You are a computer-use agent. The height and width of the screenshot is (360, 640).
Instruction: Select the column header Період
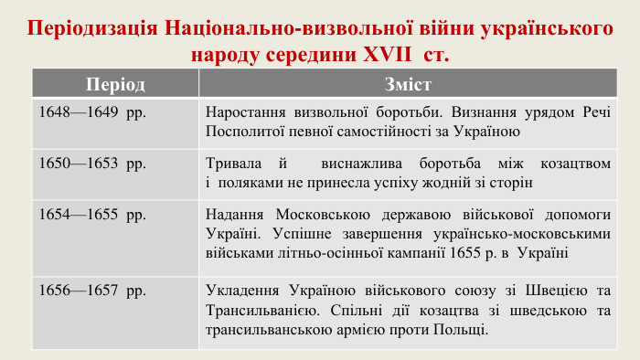pos(115,84)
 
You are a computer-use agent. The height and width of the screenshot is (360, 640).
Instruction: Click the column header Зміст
pos(409,84)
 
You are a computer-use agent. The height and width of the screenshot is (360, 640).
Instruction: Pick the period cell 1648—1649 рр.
pos(92,112)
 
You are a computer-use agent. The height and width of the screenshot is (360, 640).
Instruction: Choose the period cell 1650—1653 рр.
pos(92,164)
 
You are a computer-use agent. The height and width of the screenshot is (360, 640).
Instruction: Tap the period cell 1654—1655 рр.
pos(92,216)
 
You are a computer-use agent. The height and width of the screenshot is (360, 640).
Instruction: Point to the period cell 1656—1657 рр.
pos(92,291)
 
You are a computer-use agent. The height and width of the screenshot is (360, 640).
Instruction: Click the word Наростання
pos(246,112)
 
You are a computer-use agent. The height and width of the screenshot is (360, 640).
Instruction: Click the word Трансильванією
pos(262,311)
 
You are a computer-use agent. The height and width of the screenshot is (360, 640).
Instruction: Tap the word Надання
pos(236,216)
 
